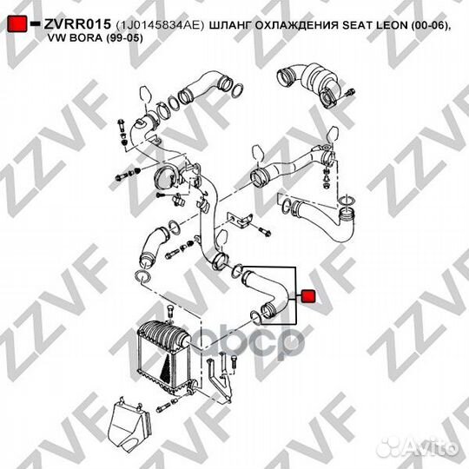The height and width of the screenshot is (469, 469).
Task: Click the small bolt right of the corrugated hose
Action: pos(347,92)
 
